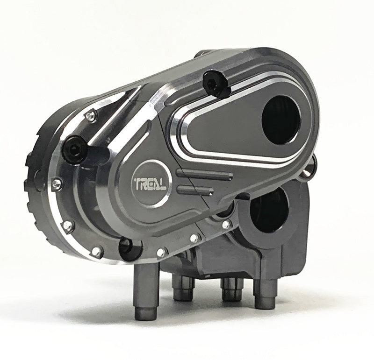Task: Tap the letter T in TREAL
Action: point(138,184)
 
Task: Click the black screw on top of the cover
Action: point(214,83)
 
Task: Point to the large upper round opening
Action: point(281,120)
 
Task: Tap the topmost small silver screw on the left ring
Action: point(92,116)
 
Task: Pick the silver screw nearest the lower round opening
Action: point(226,224)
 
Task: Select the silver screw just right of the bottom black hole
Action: point(161,252)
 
